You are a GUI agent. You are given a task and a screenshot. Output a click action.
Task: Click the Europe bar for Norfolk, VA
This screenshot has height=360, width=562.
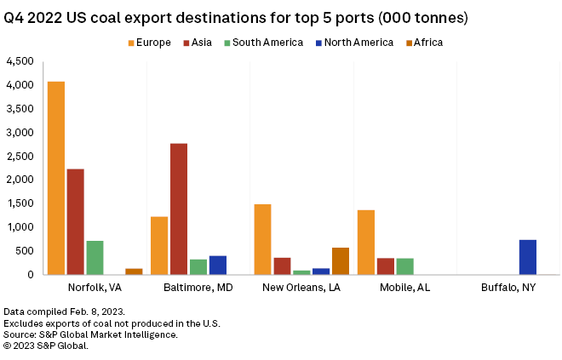(56, 178)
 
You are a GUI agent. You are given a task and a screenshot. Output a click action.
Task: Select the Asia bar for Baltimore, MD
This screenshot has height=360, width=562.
(179, 209)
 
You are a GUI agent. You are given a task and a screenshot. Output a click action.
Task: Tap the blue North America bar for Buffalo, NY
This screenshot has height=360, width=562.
(528, 257)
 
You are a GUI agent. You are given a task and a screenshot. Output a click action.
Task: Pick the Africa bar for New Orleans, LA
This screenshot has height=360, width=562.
(341, 260)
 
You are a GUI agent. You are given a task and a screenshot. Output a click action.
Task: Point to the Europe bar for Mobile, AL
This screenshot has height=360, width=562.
(366, 242)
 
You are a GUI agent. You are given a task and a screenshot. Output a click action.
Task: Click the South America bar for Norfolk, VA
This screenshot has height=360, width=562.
(95, 257)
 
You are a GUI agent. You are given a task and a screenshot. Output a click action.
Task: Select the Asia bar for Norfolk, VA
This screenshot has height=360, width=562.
(76, 221)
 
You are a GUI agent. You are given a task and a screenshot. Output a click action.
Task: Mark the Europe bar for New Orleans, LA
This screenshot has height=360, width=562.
(262, 239)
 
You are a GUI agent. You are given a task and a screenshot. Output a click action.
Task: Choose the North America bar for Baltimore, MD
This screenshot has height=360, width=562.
(218, 265)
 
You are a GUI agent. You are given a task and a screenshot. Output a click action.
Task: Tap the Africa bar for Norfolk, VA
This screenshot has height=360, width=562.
(134, 271)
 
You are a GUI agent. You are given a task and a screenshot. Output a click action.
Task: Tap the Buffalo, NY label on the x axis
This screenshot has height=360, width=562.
(508, 289)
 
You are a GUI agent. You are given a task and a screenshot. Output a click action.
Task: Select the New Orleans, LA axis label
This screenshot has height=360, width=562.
(302, 289)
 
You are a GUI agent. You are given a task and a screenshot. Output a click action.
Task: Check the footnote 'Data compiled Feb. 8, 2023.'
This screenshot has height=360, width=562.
(58, 311)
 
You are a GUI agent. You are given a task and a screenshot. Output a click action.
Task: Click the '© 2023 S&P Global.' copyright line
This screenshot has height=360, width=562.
(46, 346)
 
